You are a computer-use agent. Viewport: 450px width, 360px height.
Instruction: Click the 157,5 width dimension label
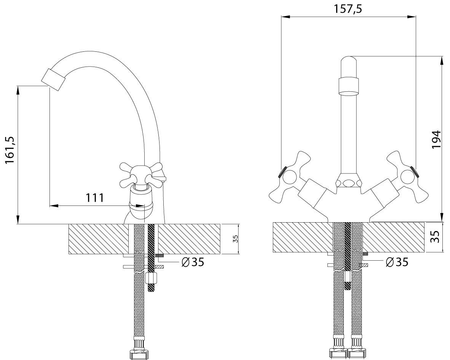[x=348, y=9]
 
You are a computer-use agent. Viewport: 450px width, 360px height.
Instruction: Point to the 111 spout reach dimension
[x=95, y=198]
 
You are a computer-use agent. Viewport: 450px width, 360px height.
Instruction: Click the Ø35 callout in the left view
[x=193, y=261]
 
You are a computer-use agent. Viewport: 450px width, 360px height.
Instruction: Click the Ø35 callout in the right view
[x=397, y=262]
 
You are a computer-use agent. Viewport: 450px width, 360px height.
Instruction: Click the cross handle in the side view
[x=142, y=174]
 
